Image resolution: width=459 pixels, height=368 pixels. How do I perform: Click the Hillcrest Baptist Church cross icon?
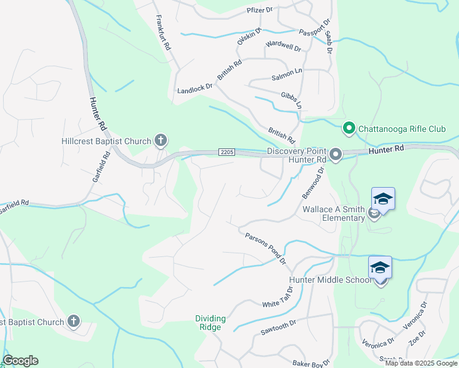[x=160, y=141]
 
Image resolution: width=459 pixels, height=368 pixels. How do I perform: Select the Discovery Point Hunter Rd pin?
[x=335, y=155]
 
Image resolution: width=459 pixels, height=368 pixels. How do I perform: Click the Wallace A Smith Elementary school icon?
[x=382, y=199]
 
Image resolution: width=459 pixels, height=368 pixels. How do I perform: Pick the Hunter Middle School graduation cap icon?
[x=380, y=268]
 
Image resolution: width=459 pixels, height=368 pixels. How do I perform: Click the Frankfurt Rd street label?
[x=164, y=33]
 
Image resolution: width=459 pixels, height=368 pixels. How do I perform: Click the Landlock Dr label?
[x=195, y=90]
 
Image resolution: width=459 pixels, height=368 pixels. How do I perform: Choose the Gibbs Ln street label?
[x=291, y=100]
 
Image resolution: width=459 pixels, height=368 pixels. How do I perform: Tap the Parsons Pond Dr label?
[x=266, y=248]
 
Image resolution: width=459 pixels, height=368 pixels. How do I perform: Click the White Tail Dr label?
[x=279, y=301]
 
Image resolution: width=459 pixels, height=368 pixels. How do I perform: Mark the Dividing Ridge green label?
[x=210, y=323]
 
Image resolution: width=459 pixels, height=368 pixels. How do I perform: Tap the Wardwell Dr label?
[x=283, y=46]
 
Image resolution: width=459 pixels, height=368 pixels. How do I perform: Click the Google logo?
[x=20, y=361]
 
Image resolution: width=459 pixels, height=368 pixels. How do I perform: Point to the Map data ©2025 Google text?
[x=421, y=363]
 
